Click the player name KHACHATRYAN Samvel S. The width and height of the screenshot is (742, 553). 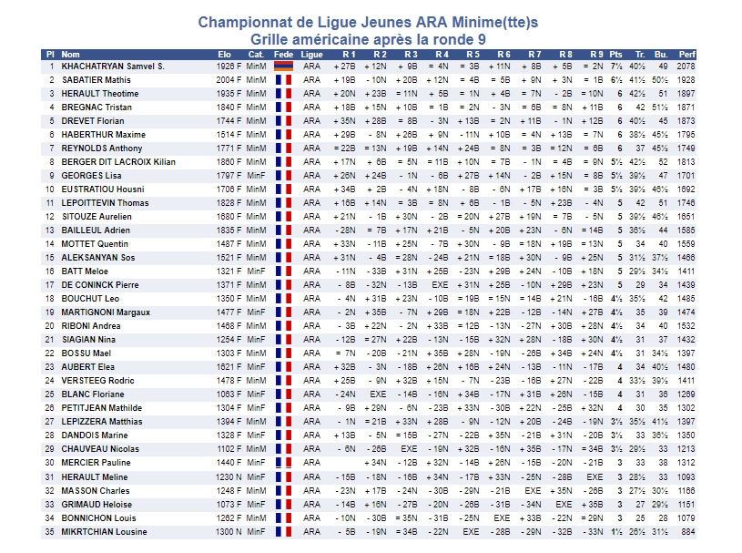pyautogui.click(x=113, y=67)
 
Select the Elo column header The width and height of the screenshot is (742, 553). pyautogui.click(x=225, y=55)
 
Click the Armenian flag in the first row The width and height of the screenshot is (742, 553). pyautogui.click(x=283, y=67)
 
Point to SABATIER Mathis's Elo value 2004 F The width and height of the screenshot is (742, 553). pyautogui.click(x=229, y=80)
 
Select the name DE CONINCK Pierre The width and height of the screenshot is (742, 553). pyautogui.click(x=100, y=285)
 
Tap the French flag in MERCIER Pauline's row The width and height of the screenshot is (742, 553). pyautogui.click(x=283, y=463)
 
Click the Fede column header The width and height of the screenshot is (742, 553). pyautogui.click(x=283, y=55)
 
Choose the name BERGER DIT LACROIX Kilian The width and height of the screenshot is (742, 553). pyautogui.click(x=117, y=162)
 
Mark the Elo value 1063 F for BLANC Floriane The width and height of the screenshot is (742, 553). pyautogui.click(x=229, y=394)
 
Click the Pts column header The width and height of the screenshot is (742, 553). pyautogui.click(x=616, y=55)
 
